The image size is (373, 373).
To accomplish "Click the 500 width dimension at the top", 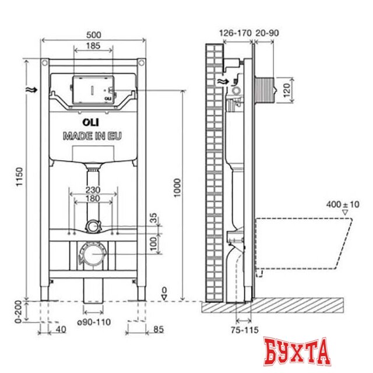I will pyautogui.click(x=93, y=34).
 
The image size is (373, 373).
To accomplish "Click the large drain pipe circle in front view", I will pyautogui.click(x=92, y=255).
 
